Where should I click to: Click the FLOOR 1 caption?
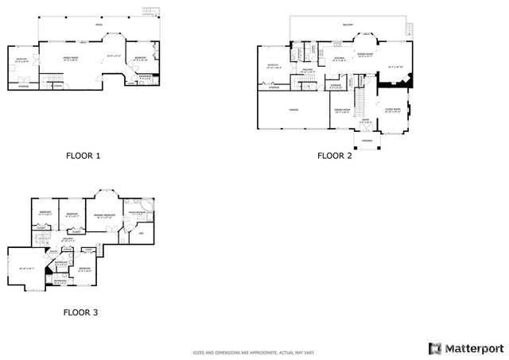coord(83,156)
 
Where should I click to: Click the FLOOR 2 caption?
coord(334,156)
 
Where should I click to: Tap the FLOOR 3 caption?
coord(81,312)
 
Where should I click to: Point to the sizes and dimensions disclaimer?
coord(254,353)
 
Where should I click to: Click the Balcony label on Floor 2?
coord(348,25)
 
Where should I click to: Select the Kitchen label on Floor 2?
coord(338,58)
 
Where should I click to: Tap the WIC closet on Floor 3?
coord(141,233)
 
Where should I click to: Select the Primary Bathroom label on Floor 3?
coord(136,213)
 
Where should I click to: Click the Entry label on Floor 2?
coord(365,121)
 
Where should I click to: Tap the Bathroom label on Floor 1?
coord(146,77)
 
